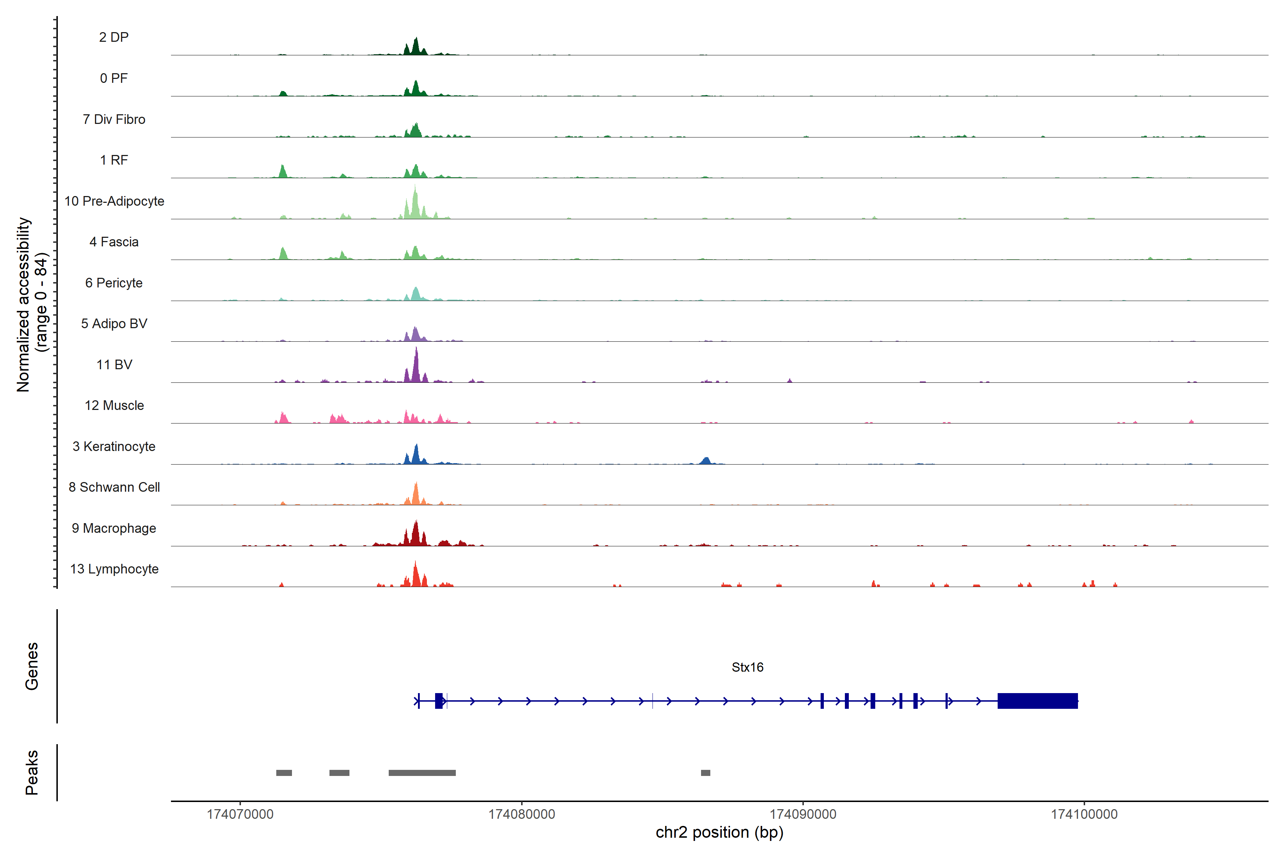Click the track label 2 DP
(x=114, y=37)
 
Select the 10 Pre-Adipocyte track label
(x=114, y=201)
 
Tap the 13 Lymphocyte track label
(x=114, y=569)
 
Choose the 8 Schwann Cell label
(x=114, y=487)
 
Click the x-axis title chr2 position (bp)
(x=719, y=832)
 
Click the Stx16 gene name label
(x=747, y=667)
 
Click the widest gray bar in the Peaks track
(x=422, y=773)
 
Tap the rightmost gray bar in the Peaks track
(x=705, y=773)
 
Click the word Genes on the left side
(x=32, y=666)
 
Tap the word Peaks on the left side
(x=32, y=772)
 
